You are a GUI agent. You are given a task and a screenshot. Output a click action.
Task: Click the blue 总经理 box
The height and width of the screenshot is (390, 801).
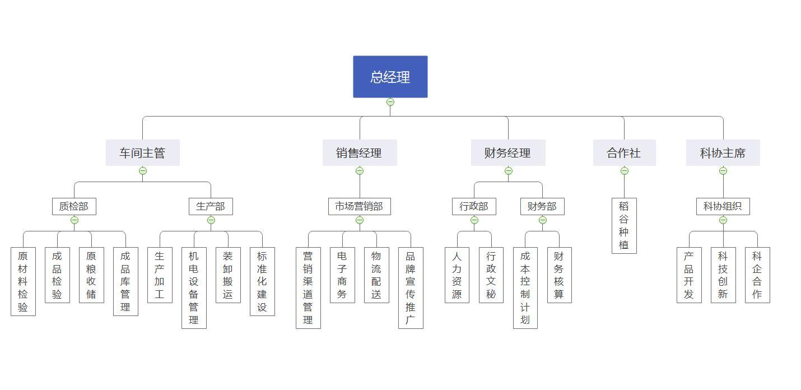[390, 77]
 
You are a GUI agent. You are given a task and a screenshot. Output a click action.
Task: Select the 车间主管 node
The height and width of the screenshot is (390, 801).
[143, 153]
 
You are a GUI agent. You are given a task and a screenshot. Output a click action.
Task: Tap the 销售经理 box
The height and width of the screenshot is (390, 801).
[360, 153]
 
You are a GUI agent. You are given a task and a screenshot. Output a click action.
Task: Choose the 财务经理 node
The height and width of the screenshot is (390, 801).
[508, 153]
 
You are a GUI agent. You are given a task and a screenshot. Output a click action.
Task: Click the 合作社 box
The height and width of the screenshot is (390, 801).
[625, 153]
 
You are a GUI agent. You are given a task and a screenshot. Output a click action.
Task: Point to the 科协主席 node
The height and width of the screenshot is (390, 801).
[723, 153]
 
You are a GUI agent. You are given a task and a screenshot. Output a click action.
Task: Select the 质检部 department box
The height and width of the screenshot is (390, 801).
[74, 206]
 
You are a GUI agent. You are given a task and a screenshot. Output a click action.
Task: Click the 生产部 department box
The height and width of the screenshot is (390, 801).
[211, 206]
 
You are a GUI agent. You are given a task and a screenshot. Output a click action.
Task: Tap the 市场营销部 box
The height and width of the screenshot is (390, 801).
[360, 206]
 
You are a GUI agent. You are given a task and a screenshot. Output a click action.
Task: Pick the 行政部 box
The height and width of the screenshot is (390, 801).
[474, 206]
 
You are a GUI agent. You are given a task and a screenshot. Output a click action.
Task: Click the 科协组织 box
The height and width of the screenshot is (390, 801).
[723, 206]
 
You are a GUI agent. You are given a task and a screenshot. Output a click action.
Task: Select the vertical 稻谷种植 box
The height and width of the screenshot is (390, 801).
[625, 226]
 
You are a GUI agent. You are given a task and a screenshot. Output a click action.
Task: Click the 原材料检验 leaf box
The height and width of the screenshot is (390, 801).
[23, 282]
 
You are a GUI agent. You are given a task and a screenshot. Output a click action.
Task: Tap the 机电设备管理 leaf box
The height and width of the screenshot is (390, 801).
[194, 288]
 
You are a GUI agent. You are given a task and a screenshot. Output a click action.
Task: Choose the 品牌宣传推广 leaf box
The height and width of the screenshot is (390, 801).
[411, 288]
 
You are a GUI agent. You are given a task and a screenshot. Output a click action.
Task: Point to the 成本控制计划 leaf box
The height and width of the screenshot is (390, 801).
[525, 288]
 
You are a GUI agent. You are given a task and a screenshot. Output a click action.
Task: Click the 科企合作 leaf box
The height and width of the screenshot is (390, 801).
[757, 275]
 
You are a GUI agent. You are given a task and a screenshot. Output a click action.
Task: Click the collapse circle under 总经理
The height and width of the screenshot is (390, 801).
[390, 103]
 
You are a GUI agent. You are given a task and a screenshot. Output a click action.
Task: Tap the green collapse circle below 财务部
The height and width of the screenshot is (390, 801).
[542, 220]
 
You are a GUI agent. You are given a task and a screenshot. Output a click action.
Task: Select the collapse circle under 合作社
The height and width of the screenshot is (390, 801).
[625, 171]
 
